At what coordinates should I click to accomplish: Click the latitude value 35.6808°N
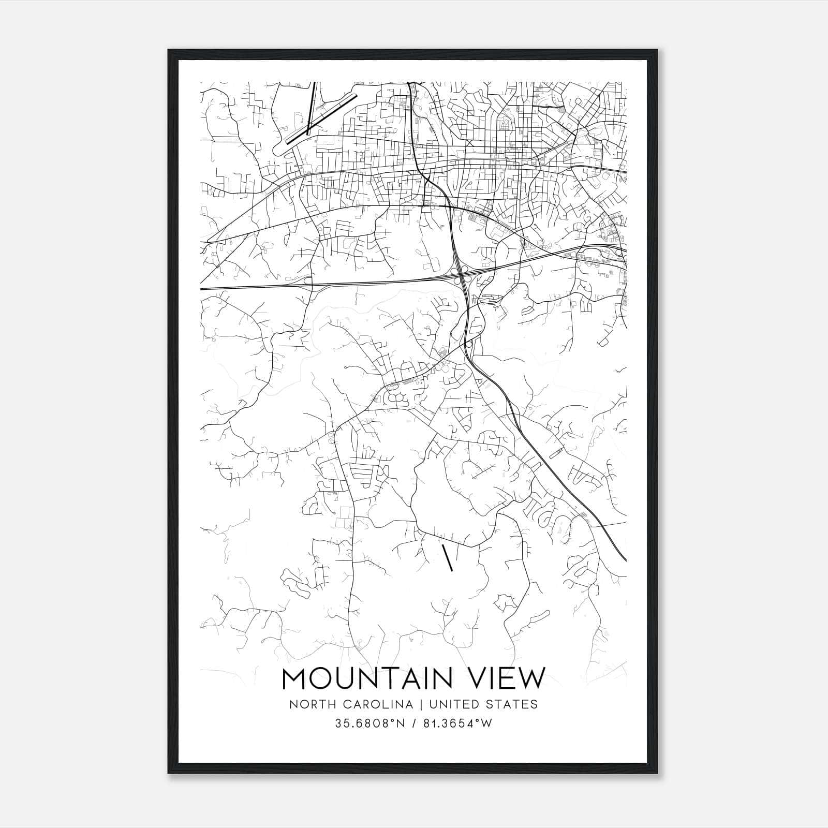369,723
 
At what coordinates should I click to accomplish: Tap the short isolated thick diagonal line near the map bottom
448,557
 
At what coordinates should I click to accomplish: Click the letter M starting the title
294,678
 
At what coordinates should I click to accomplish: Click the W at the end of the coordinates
486,723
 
